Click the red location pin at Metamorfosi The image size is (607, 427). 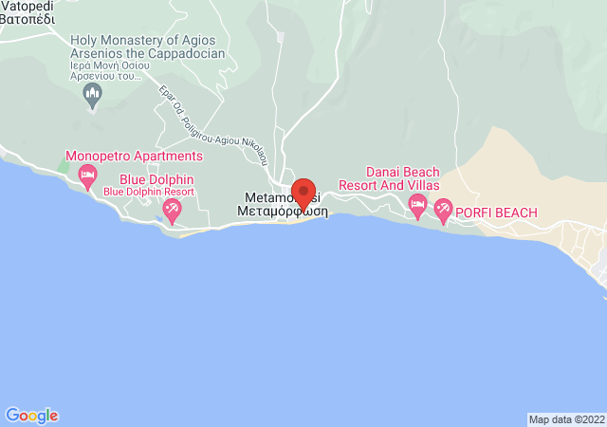pyautogui.click(x=303, y=194)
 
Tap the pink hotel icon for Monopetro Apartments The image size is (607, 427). pyautogui.click(x=87, y=175)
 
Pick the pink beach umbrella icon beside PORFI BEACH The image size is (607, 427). pyautogui.click(x=443, y=211)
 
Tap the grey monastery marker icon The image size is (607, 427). pyautogui.click(x=92, y=93)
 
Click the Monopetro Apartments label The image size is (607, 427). pyautogui.click(x=134, y=156)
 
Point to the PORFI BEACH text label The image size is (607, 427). pyautogui.click(x=496, y=212)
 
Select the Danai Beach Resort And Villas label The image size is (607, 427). pyautogui.click(x=403, y=178)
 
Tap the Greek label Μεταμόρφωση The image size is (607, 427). pyautogui.click(x=282, y=212)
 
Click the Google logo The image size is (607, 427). pyautogui.click(x=31, y=416)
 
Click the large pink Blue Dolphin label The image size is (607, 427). pyautogui.click(x=156, y=178)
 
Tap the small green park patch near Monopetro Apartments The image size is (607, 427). pyautogui.click(x=63, y=166)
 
